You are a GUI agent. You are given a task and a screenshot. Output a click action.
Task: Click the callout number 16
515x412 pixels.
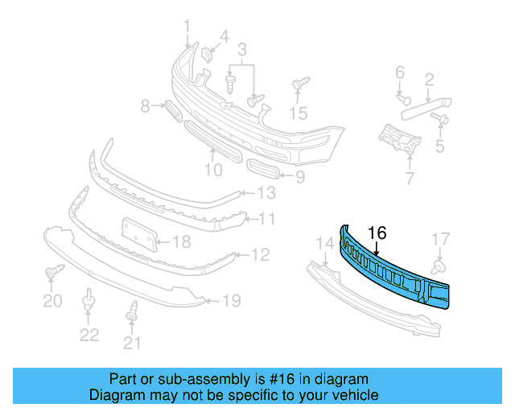point(377,233)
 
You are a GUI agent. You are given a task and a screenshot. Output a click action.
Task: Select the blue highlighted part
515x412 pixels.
point(394,270)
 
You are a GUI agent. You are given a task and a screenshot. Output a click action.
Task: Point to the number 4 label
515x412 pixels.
point(224,35)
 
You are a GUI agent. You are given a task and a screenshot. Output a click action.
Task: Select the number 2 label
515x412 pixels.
point(429,79)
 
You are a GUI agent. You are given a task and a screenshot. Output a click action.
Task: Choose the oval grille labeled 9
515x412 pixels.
point(262,170)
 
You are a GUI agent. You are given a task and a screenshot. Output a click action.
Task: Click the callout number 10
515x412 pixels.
point(212,170)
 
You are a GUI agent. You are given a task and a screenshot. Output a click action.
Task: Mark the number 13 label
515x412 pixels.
point(266,193)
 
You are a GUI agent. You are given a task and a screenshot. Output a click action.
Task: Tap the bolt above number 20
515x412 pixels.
point(52,272)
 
